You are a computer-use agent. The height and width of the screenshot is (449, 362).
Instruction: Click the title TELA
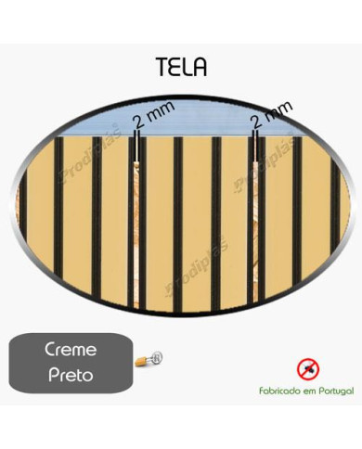click(180, 67)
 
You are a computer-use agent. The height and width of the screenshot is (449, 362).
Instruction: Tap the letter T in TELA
click(162, 67)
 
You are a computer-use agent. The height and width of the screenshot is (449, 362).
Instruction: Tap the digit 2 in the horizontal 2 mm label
click(138, 122)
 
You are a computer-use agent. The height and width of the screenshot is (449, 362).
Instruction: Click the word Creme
click(71, 349)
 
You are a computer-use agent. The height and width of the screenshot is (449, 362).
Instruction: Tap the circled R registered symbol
click(157, 353)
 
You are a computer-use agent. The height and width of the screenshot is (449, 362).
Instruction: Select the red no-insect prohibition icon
click(306, 369)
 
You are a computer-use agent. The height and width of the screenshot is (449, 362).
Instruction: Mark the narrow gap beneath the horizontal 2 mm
click(137, 223)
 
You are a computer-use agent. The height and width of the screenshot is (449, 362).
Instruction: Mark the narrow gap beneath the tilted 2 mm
click(256, 223)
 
